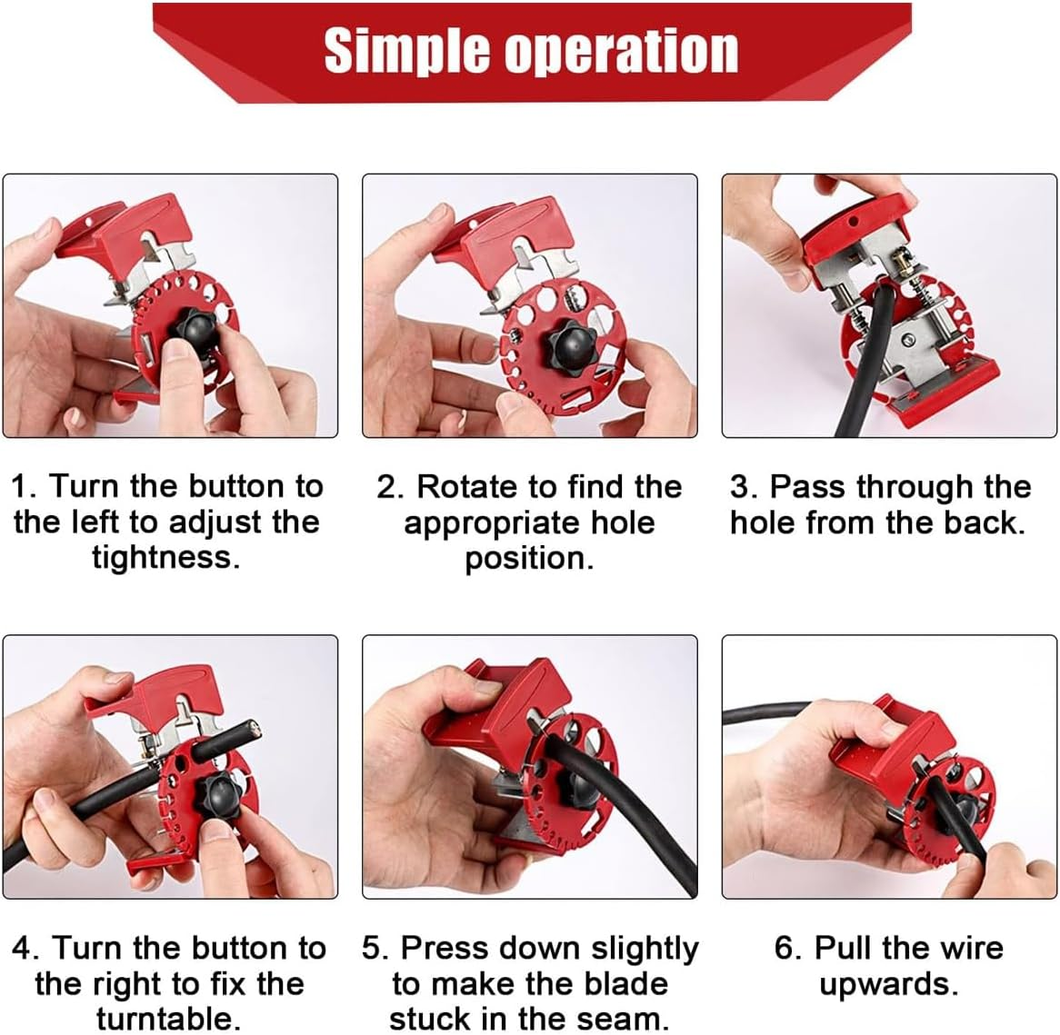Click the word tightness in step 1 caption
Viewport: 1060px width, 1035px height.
(165, 557)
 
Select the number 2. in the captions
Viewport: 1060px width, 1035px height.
(391, 487)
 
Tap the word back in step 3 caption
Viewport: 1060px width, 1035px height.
(985, 522)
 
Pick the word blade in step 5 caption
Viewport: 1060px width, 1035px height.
(625, 983)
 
